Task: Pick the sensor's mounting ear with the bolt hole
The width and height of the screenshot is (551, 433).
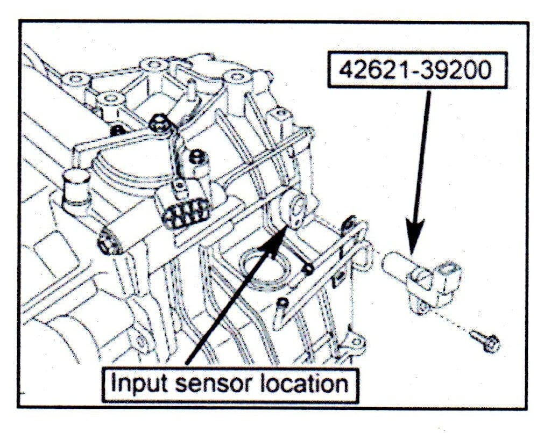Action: [x=422, y=306]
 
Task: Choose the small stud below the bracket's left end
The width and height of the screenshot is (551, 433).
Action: [x=282, y=305]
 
